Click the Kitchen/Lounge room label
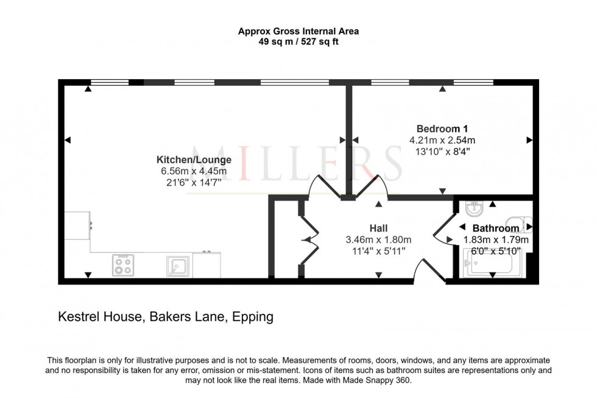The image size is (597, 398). pyautogui.click(x=194, y=160)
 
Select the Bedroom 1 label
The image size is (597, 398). pyautogui.click(x=442, y=129)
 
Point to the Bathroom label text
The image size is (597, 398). pyautogui.click(x=496, y=229)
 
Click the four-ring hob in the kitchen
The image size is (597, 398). pyautogui.click(x=122, y=265)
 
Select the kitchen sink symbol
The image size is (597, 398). pyautogui.click(x=178, y=266)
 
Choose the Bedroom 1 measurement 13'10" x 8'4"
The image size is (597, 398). pyautogui.click(x=442, y=151)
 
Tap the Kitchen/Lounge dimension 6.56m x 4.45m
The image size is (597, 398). pyautogui.click(x=194, y=171)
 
